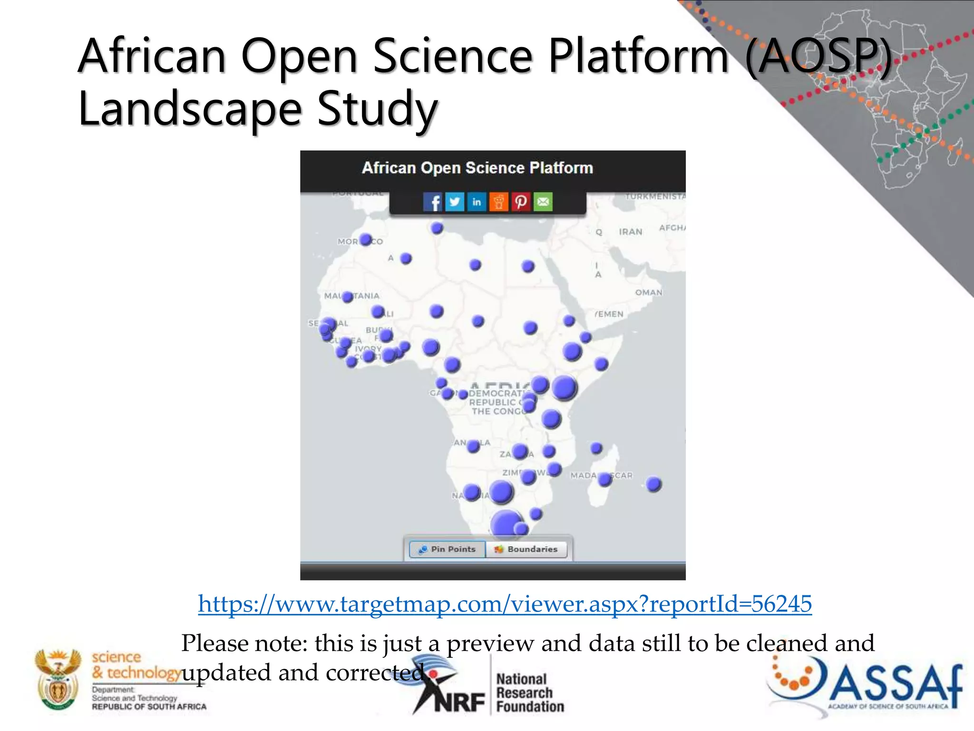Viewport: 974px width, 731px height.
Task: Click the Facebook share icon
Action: [x=433, y=202]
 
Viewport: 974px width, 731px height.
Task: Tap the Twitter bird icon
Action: [x=455, y=202]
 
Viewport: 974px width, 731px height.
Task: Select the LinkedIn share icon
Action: [x=477, y=202]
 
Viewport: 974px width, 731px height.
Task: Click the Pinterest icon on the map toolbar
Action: [x=521, y=202]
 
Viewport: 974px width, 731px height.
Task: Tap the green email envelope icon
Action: [x=543, y=202]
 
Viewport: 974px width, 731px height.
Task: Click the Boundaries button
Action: [x=526, y=549]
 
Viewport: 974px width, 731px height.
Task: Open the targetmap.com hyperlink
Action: [x=505, y=604]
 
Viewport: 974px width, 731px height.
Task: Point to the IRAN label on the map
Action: [x=631, y=232]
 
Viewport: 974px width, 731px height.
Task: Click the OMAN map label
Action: [x=649, y=292]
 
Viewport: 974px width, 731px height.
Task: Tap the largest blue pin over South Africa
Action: [x=506, y=524]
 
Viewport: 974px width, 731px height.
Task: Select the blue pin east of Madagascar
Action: [x=654, y=484]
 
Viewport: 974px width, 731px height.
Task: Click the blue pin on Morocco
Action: [x=365, y=239]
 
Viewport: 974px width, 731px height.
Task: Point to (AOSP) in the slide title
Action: [x=818, y=57]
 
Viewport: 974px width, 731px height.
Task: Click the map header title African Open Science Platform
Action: [x=477, y=168]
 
